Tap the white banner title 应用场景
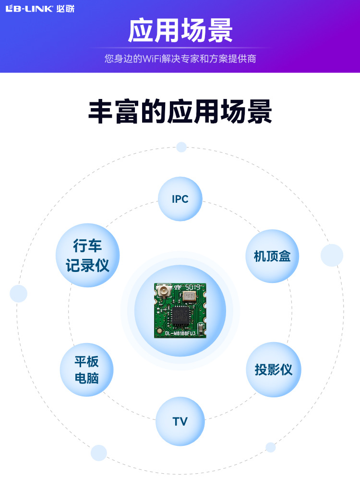point(180,31)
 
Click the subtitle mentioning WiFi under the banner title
point(180,59)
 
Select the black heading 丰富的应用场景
point(180,113)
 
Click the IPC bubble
point(180,199)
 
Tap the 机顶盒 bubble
point(272,256)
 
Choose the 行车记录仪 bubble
point(87,256)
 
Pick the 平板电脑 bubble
point(86,369)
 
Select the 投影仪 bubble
point(273,369)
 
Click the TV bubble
point(180,421)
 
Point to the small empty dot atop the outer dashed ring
point(181,147)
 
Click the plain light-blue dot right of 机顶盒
point(332,255)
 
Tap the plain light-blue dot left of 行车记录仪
point(19,294)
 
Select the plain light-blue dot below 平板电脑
point(99,453)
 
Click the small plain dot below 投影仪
point(271,447)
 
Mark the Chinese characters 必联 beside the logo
point(62,8)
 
